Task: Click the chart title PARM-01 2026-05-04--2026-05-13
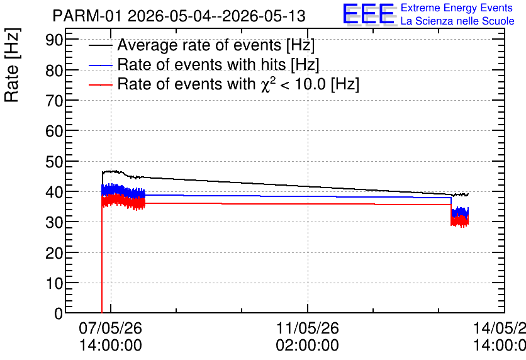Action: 179,16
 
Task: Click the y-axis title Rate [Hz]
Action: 12,65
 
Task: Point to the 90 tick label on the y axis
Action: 54,40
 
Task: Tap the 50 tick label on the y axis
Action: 54,162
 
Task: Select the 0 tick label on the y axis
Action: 59,313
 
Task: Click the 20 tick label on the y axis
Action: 54,253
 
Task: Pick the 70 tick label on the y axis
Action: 54,101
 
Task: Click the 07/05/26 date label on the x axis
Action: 110,328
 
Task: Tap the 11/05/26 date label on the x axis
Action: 307,328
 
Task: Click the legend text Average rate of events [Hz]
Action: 216,45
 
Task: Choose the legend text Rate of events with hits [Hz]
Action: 218,64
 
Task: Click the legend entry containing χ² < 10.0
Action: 238,84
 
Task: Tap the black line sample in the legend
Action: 101,45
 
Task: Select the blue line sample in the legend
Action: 101,65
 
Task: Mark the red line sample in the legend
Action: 101,85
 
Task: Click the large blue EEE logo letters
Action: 369,14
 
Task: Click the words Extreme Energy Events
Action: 457,8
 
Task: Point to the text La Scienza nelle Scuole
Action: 457,21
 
